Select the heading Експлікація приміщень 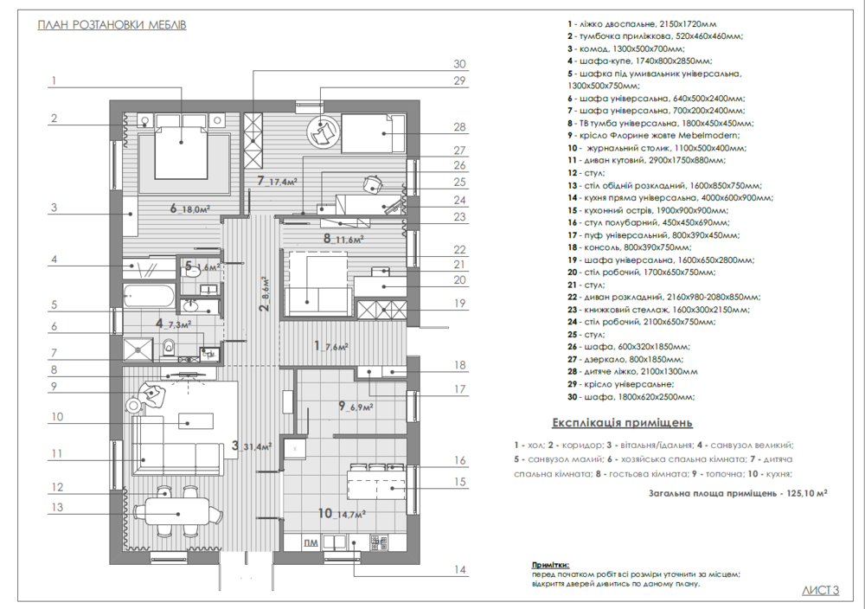622,423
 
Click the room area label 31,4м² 258,446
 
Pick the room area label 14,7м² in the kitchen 347,514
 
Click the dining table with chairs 166,507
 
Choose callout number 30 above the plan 459,63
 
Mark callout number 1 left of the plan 54,81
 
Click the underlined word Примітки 551,562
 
